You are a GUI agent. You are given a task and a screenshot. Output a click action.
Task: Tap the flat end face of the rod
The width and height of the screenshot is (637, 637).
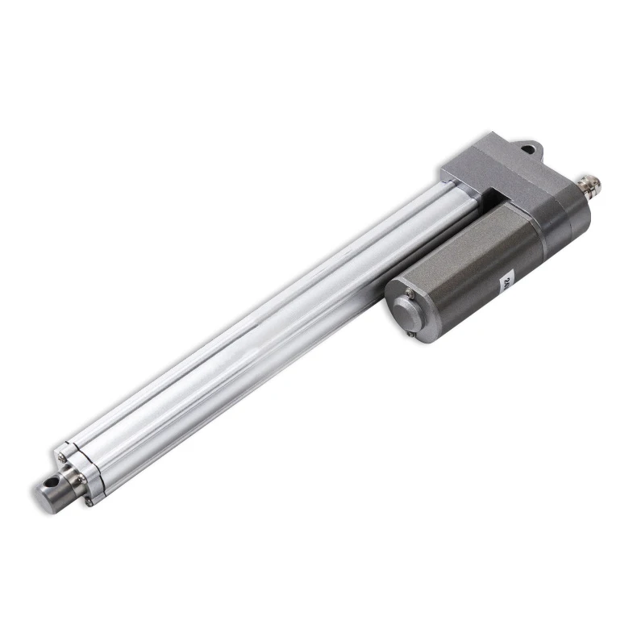pyautogui.click(x=42, y=491)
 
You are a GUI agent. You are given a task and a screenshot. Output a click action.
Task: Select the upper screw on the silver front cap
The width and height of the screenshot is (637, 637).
pyautogui.click(x=61, y=457)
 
